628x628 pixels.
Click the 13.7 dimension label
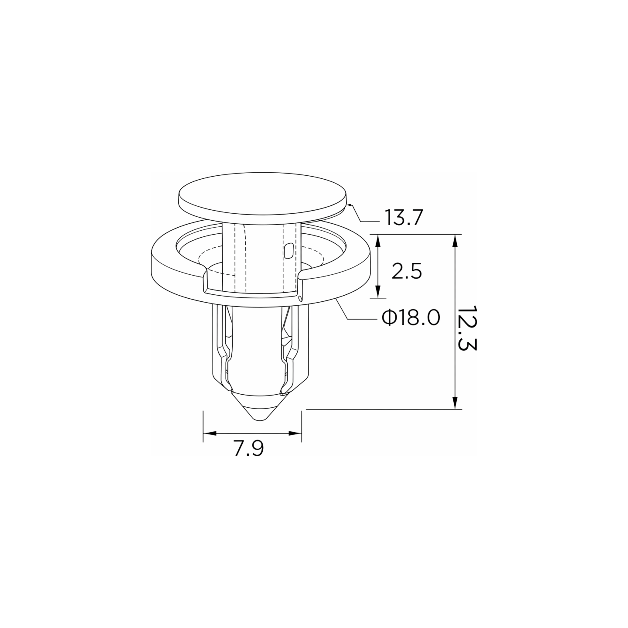tap(404, 218)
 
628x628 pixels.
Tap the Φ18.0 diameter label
tap(411, 318)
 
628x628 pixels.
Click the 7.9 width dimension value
tap(249, 449)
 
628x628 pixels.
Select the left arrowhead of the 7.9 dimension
tap(210, 433)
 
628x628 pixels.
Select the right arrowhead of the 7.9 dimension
tap(295, 433)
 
